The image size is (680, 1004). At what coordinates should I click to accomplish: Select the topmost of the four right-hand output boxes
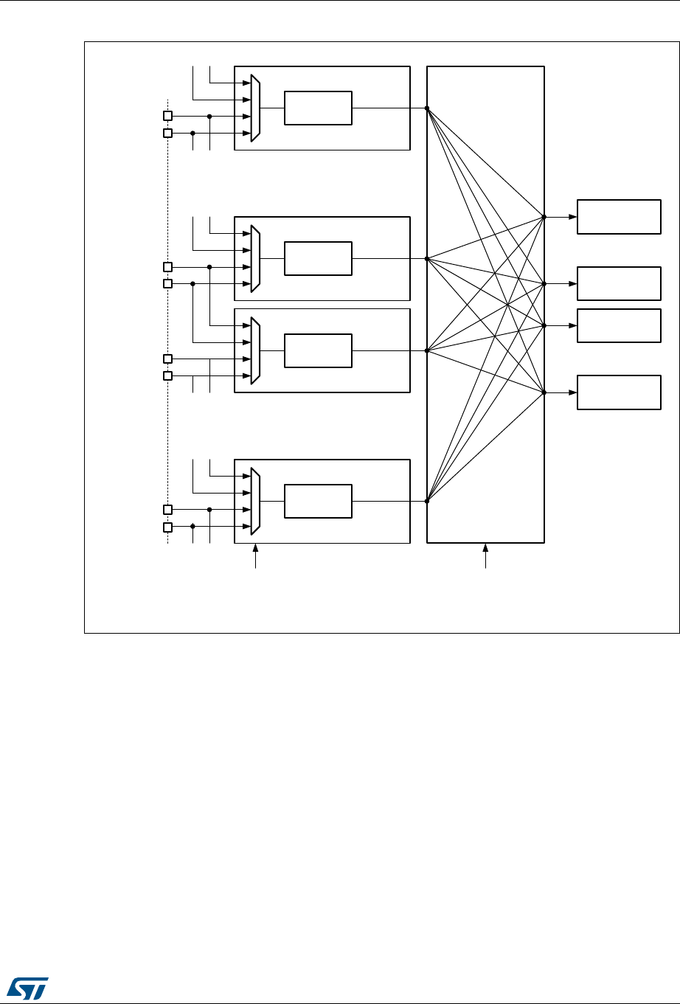(x=619, y=217)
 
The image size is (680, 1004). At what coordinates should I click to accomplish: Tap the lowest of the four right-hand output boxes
(x=619, y=392)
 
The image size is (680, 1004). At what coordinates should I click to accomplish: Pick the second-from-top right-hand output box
(x=619, y=283)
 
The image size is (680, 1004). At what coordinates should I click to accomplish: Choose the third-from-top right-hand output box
(x=619, y=325)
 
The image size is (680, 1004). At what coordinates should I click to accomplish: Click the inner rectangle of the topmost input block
(x=319, y=108)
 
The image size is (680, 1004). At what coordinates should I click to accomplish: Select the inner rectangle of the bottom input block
(x=319, y=502)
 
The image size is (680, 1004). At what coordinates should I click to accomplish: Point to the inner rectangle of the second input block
(x=319, y=258)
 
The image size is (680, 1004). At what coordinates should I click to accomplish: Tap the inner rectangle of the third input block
(x=319, y=350)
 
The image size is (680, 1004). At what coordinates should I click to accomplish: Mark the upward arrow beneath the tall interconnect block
(x=485, y=550)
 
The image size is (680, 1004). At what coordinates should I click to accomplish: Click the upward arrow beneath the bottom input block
(x=255, y=550)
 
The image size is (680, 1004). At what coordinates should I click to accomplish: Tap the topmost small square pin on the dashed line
(x=167, y=116)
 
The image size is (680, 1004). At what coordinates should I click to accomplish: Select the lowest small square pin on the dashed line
(x=167, y=527)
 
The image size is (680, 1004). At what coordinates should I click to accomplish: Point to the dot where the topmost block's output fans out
(x=427, y=108)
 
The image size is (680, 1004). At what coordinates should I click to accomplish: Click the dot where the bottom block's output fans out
(x=427, y=502)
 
